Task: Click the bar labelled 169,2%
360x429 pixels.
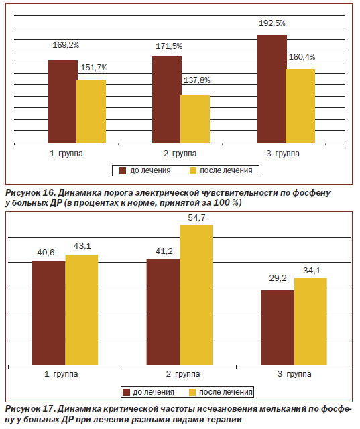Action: click(x=62, y=102)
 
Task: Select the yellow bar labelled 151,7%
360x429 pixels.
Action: click(x=91, y=112)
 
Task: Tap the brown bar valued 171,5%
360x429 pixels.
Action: click(x=167, y=100)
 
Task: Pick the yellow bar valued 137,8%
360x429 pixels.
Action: click(x=195, y=119)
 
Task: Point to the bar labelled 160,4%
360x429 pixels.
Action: click(x=300, y=106)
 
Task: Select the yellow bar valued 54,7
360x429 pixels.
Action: click(x=196, y=295)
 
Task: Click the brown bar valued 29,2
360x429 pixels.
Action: click(x=278, y=327)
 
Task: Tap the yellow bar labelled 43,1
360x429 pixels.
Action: click(x=82, y=310)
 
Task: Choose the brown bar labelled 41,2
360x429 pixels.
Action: click(x=164, y=312)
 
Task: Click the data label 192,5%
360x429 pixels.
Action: click(x=272, y=23)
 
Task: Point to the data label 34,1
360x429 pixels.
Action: click(x=312, y=271)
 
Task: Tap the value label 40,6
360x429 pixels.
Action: click(x=46, y=253)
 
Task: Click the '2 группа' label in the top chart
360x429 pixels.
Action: click(x=180, y=154)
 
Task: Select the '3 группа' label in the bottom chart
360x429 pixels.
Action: click(x=294, y=374)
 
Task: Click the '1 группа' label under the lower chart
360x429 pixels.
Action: click(x=61, y=374)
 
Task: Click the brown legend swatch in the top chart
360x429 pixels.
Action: click(x=123, y=171)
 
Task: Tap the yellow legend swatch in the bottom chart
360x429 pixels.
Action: click(x=192, y=393)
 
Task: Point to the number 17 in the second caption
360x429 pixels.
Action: click(x=48, y=408)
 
